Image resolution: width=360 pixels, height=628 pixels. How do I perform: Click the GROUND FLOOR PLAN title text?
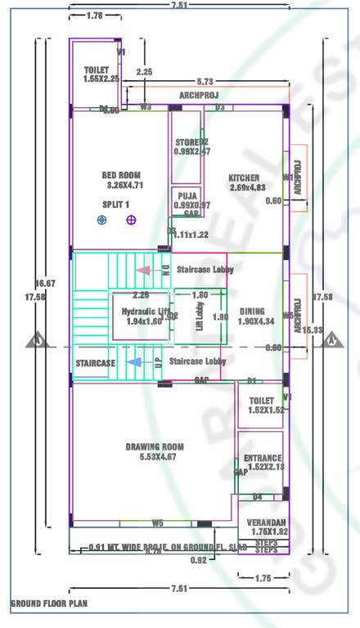[48, 604]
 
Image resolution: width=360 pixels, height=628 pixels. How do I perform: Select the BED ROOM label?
[121, 175]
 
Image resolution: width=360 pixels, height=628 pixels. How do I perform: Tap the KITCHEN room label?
[244, 177]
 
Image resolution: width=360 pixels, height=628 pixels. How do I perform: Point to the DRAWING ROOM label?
[155, 447]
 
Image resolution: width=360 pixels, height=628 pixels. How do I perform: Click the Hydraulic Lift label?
[145, 312]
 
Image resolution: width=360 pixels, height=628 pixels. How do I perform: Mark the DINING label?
[252, 312]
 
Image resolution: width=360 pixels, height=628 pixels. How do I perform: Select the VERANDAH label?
[268, 523]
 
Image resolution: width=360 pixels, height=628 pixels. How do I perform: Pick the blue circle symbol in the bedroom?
[101, 220]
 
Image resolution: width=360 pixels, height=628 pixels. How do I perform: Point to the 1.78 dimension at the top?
[94, 16]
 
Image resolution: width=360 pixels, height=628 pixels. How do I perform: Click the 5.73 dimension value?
[205, 81]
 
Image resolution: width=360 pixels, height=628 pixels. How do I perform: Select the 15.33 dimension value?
[311, 330]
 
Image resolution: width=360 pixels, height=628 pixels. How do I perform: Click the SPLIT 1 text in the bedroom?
[116, 204]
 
